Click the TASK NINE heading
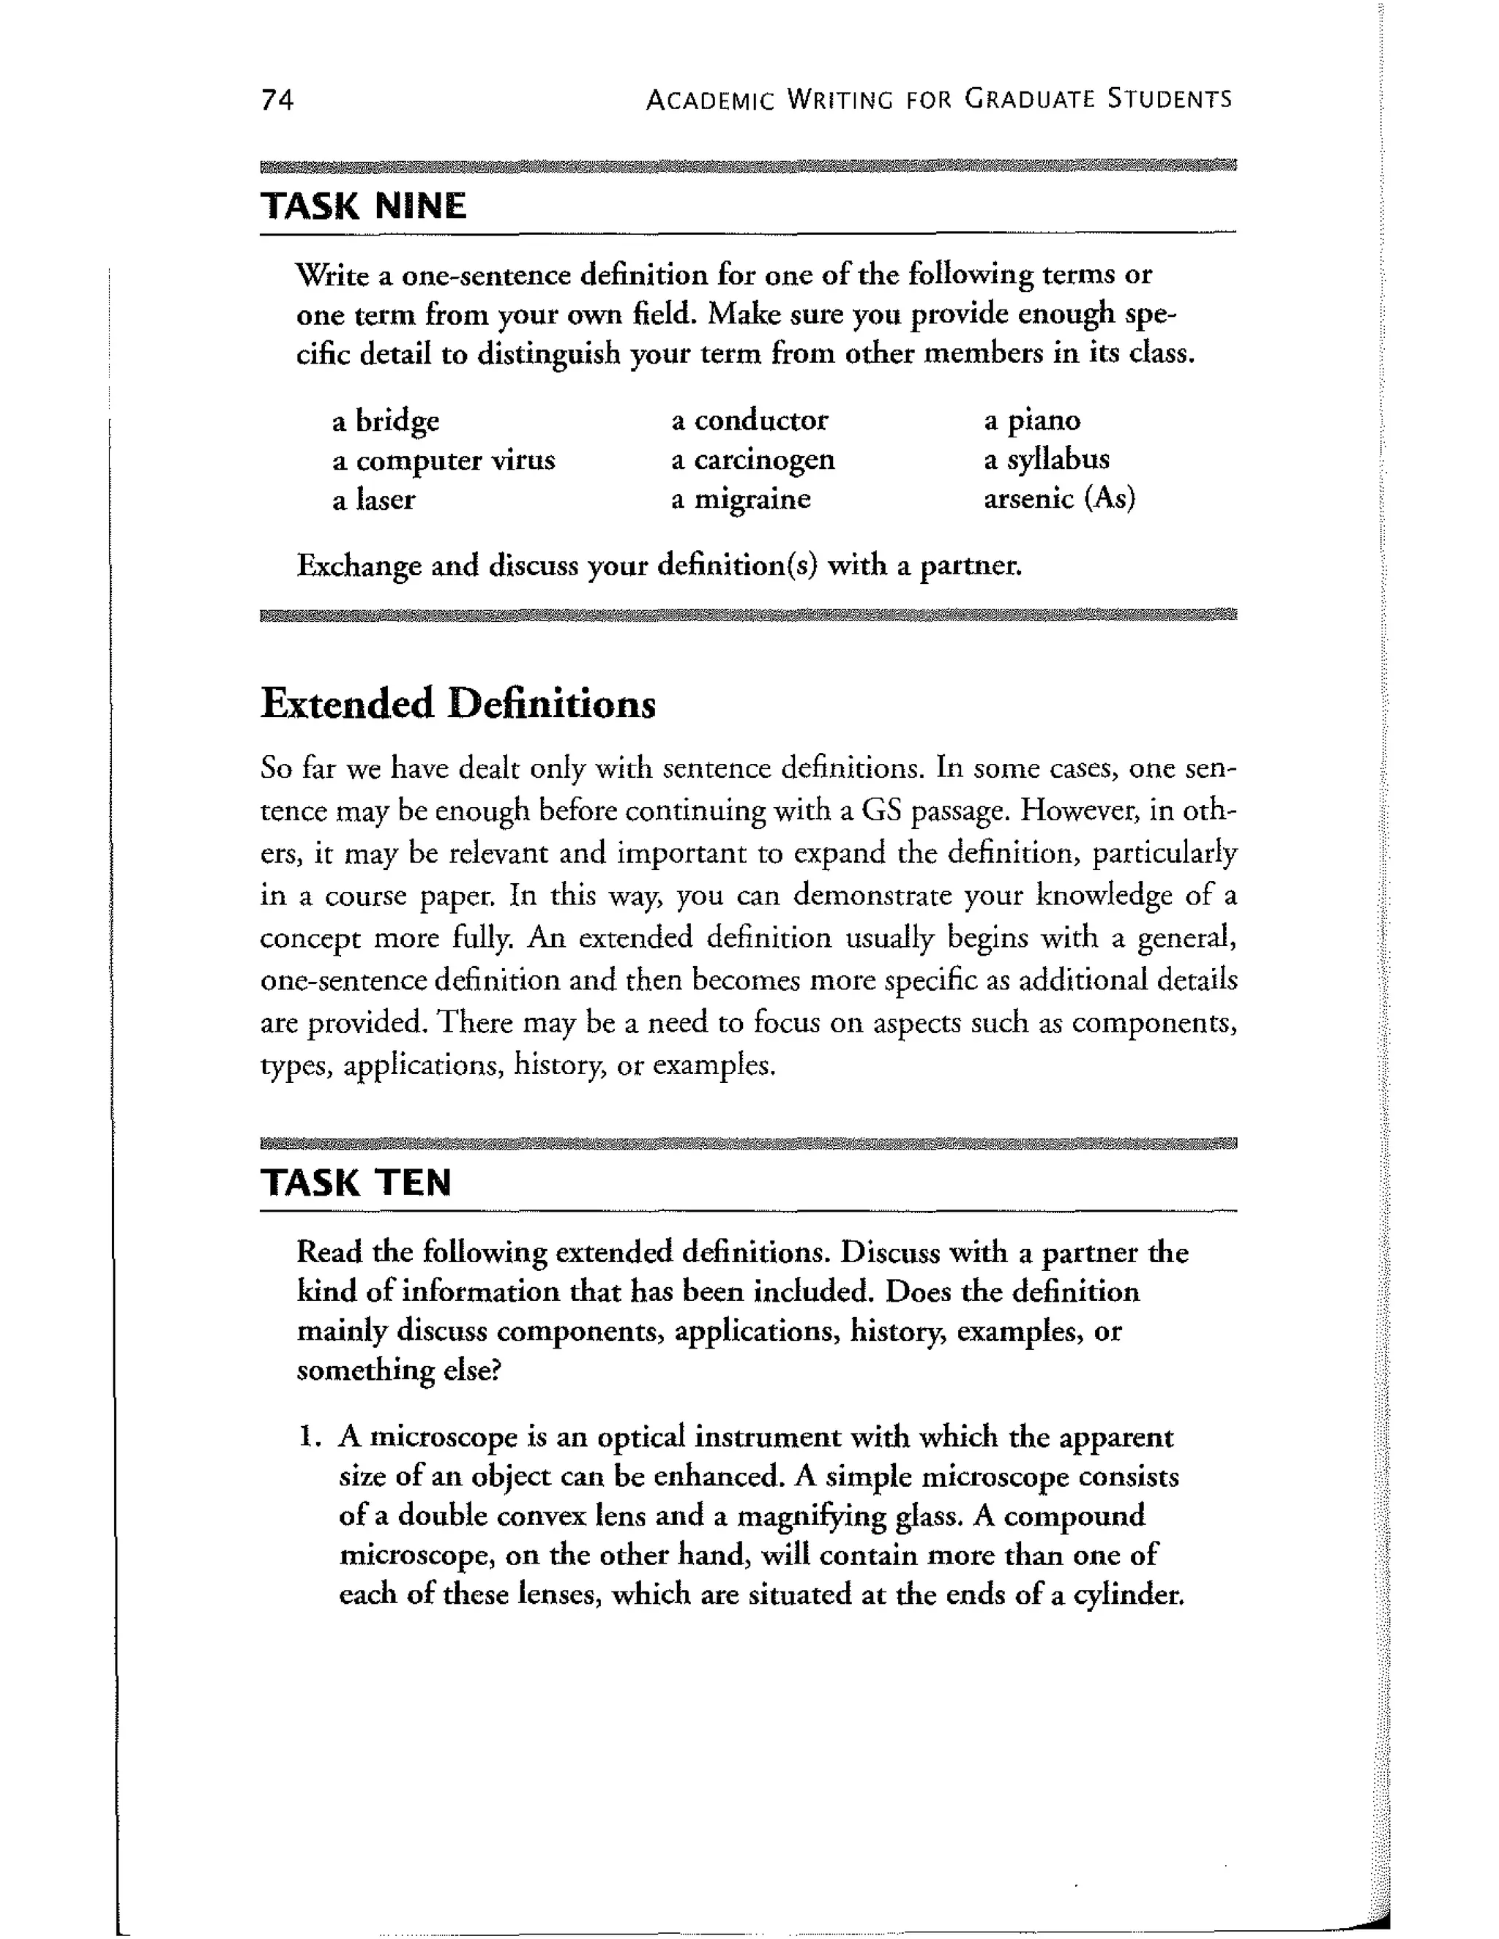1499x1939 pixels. pyautogui.click(x=363, y=206)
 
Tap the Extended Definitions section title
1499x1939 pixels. pyautogui.click(x=458, y=704)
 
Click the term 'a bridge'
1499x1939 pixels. pyautogui.click(x=386, y=421)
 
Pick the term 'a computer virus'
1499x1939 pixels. pyautogui.click(x=443, y=461)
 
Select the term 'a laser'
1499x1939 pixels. pyautogui.click(x=373, y=500)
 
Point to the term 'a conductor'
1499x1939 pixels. pyautogui.click(x=749, y=420)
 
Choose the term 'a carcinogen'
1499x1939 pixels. pyautogui.click(x=752, y=460)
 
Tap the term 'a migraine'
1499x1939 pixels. pyautogui.click(x=741, y=499)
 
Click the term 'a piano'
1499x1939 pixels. pyautogui.click(x=1032, y=420)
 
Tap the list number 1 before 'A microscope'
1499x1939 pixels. pyautogui.click(x=307, y=1436)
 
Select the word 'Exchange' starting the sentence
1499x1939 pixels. pyautogui.click(x=359, y=566)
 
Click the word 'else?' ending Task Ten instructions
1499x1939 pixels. pyautogui.click(x=471, y=1370)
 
